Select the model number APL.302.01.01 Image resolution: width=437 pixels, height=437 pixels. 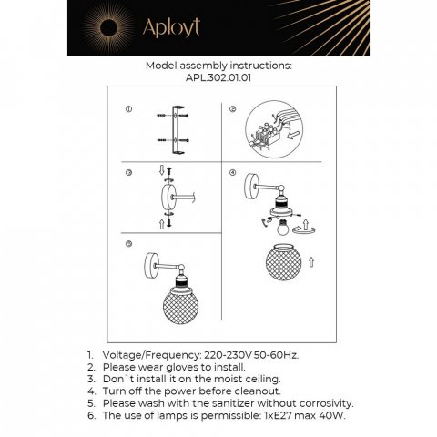[218, 78]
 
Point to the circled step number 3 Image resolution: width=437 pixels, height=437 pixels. [128, 173]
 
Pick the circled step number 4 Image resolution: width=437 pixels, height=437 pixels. [232, 173]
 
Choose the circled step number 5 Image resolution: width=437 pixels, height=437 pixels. [128, 244]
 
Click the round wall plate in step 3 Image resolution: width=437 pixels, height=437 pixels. [167, 196]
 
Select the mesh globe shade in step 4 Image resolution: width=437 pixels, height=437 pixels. [283, 262]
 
